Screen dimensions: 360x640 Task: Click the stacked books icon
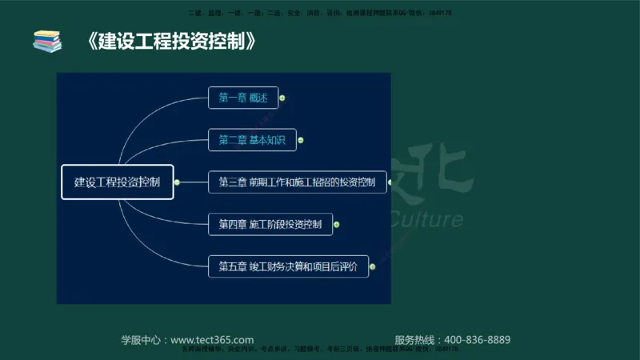click(47, 41)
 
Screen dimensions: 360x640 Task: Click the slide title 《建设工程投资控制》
click(172, 40)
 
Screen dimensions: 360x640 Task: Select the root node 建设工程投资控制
click(118, 182)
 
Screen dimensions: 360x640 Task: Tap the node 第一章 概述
click(243, 98)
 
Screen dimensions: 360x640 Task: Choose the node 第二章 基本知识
click(252, 140)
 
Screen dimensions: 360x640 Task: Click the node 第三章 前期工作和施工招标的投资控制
click(297, 182)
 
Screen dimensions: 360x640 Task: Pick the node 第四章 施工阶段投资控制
click(270, 224)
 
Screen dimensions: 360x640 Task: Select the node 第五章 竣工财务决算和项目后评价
click(288, 266)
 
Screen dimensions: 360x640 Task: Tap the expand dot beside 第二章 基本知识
click(302, 140)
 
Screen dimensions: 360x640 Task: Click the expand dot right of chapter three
click(392, 182)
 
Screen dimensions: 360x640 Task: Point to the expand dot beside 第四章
click(337, 225)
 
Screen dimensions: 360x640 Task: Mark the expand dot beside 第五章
click(374, 266)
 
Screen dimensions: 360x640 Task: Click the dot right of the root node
click(177, 182)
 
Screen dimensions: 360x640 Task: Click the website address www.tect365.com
click(212, 339)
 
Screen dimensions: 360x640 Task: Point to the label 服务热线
click(416, 339)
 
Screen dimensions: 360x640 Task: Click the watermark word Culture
click(427, 219)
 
